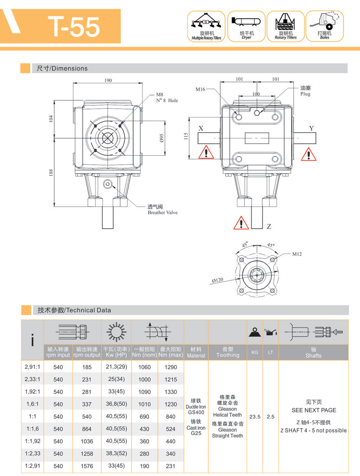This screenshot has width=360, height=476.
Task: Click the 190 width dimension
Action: click(108, 80)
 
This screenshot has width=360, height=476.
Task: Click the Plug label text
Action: click(306, 94)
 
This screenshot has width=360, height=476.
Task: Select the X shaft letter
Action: click(201, 128)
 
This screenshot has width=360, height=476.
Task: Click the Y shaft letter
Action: click(312, 128)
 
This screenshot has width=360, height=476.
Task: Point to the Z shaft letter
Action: click(269, 226)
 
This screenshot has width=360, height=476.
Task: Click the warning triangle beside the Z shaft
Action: click(241, 223)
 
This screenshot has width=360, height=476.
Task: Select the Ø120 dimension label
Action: click(217, 279)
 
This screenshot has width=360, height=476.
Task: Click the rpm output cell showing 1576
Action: click(87, 465)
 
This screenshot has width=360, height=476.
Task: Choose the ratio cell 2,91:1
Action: click(32, 367)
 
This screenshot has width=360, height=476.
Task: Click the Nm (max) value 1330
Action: click(171, 392)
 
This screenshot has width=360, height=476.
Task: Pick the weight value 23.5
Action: click(255, 416)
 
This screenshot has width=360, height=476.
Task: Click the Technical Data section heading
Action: click(74, 310)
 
